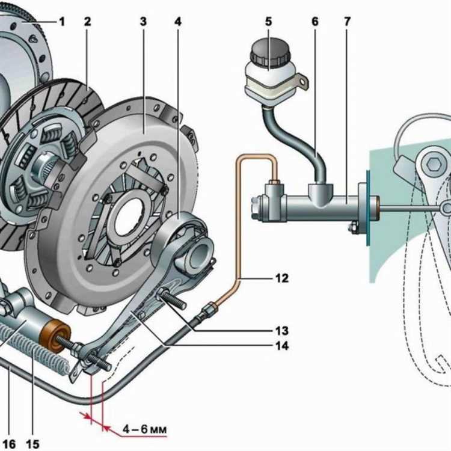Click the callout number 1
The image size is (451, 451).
pyautogui.click(x=61, y=22)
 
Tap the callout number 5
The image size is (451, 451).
pyautogui.click(x=268, y=22)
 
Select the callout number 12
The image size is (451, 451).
pyautogui.click(x=282, y=278)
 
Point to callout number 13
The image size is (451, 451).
pyautogui.click(x=282, y=331)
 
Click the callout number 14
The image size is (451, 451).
pyautogui.click(x=282, y=346)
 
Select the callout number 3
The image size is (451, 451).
pyautogui.click(x=143, y=22)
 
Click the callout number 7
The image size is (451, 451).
pyautogui.click(x=347, y=22)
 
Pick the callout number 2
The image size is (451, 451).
pyautogui.click(x=88, y=22)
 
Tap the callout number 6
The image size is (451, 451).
pyautogui.click(x=314, y=22)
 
